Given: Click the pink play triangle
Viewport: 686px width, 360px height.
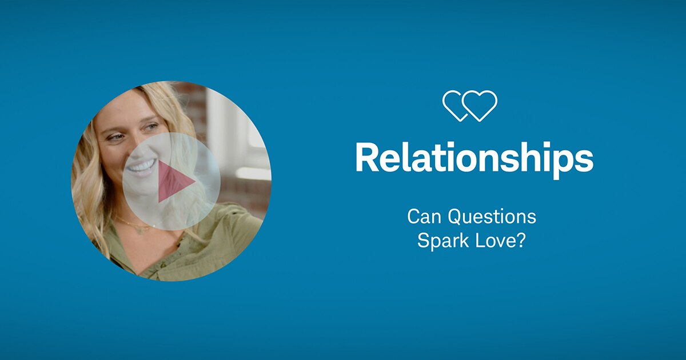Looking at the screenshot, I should point(174,182).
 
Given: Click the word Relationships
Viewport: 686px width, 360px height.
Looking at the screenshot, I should point(474,157).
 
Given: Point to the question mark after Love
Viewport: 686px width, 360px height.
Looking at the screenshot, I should point(521,240).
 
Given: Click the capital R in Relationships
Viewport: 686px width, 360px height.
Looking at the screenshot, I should point(366,157).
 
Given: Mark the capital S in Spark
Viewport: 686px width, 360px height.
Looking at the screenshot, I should point(422,240).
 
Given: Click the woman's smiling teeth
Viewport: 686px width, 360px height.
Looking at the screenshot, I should point(141,166).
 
